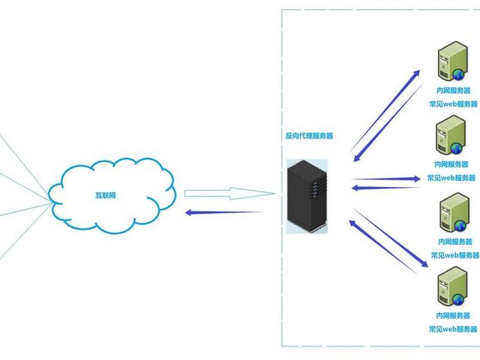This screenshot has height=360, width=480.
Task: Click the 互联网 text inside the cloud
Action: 106,196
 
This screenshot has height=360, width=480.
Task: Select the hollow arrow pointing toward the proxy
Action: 230,193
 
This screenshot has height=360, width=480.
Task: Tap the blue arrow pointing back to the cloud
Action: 224,212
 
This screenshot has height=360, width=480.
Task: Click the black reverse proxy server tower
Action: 307,196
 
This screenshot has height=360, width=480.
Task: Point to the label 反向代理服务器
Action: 309,136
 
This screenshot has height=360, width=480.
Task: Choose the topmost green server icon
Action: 452,61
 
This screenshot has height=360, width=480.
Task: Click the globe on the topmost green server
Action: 458,74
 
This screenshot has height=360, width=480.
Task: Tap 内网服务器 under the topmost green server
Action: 454,91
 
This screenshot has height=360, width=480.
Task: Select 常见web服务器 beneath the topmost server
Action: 454,104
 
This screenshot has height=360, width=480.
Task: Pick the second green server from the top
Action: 451,135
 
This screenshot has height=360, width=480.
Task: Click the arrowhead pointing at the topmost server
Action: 416,73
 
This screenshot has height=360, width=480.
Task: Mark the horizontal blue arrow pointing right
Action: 386,179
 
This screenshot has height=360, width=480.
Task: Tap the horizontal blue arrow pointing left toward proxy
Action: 386,188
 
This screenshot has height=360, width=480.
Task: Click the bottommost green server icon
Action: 452,287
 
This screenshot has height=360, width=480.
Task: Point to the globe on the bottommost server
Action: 458,299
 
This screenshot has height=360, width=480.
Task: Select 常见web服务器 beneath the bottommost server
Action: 453,329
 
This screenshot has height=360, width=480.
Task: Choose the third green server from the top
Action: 455,212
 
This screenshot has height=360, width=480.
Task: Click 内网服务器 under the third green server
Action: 455,242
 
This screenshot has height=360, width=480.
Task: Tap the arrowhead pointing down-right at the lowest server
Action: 424,263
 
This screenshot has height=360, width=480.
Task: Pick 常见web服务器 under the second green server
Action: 452,178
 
